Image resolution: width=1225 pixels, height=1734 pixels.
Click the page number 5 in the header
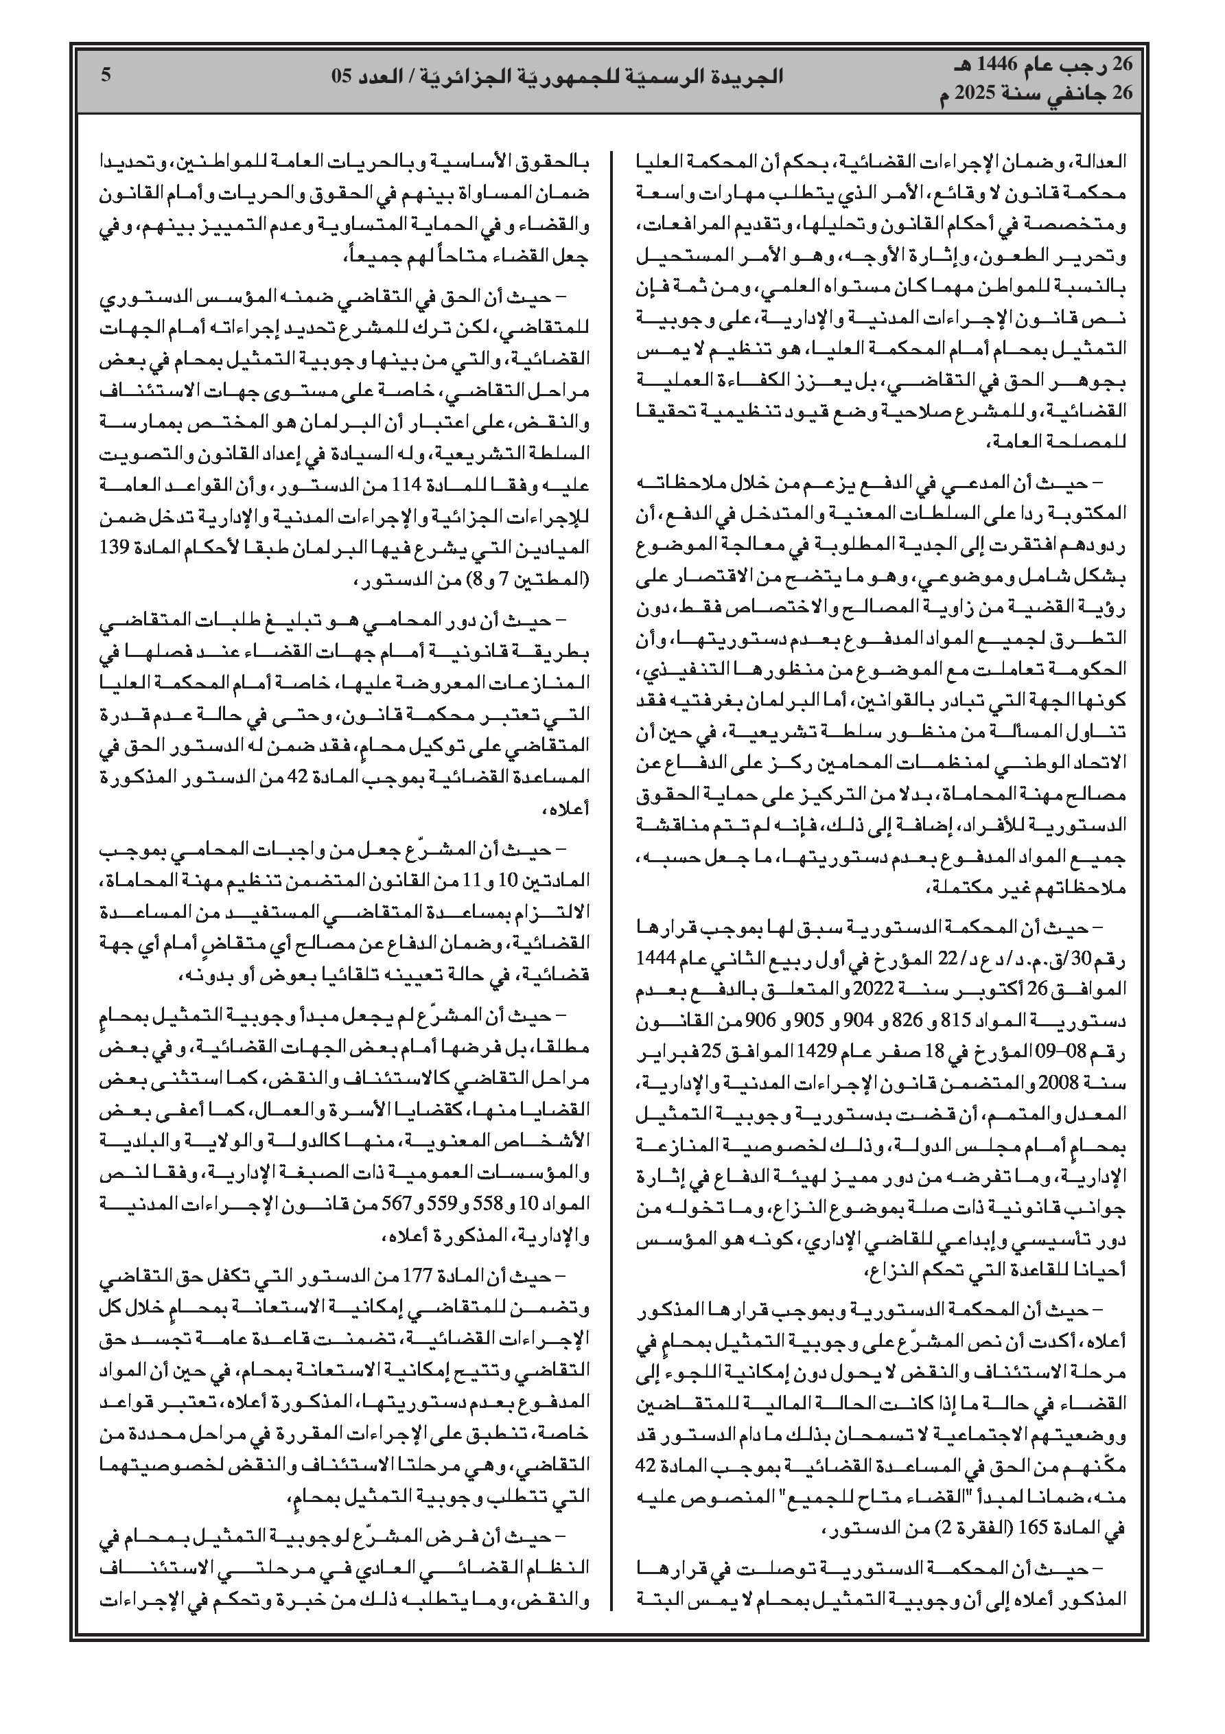[106, 76]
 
